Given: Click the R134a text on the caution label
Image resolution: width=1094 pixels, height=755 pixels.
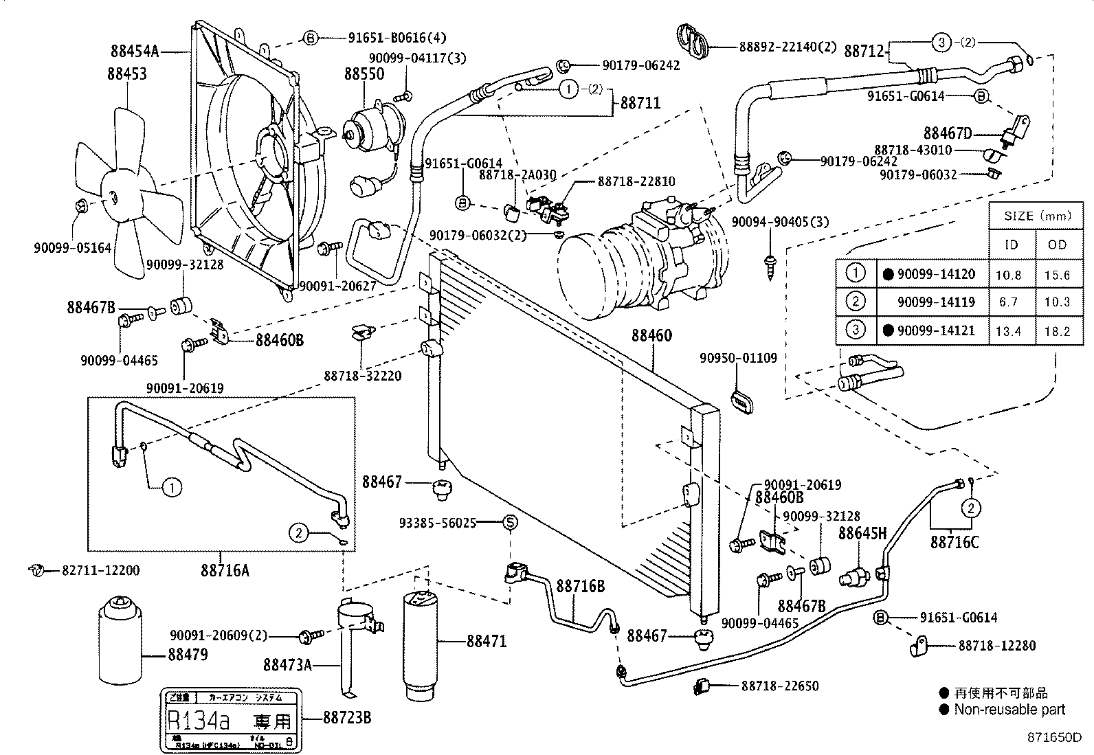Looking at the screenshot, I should point(200,720).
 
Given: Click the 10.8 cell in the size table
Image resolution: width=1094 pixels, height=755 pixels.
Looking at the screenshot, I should point(1008,274).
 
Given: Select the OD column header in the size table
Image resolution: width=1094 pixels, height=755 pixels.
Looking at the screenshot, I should point(1058,244).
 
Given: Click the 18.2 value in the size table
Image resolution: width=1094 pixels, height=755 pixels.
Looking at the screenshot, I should point(1057,331).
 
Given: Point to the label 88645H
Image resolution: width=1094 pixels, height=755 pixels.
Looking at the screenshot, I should point(862,532).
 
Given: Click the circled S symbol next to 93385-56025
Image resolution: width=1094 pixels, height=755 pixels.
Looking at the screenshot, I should point(510,523).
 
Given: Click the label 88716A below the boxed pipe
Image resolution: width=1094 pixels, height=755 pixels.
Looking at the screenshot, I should point(225,570).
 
